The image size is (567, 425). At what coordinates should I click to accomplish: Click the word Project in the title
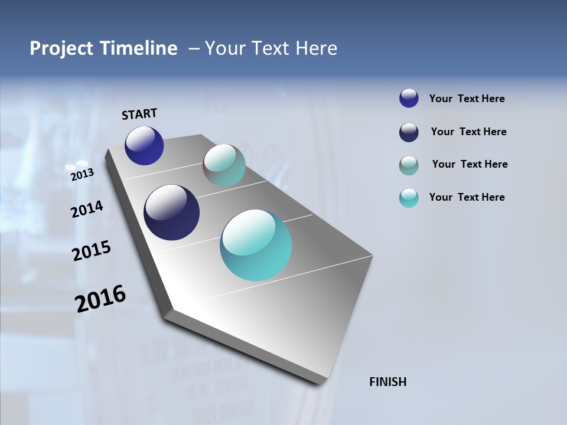click(x=61, y=48)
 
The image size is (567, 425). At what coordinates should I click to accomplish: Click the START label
click(x=139, y=114)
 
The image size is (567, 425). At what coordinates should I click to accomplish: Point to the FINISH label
click(x=387, y=382)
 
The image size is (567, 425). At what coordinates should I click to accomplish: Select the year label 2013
click(x=83, y=174)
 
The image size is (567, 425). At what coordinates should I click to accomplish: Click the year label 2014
click(x=87, y=209)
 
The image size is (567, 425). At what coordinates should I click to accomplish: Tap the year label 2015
click(x=92, y=251)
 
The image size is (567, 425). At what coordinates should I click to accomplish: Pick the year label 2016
click(x=100, y=298)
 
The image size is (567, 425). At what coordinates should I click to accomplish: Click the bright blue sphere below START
click(x=144, y=146)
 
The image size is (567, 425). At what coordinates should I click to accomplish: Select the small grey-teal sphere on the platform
click(x=224, y=165)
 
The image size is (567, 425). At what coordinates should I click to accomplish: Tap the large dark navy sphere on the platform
click(x=172, y=212)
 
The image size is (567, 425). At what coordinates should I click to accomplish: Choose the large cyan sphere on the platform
click(x=256, y=245)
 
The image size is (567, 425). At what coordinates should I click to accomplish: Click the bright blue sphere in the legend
click(x=409, y=99)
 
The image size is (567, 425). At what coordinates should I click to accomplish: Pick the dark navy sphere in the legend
click(x=409, y=132)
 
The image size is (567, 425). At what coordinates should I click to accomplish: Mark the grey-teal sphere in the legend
click(x=409, y=165)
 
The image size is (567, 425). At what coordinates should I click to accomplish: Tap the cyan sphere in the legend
click(x=409, y=198)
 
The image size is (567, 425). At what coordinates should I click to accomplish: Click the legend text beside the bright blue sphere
click(x=467, y=99)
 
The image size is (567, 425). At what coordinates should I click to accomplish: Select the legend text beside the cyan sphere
click(x=467, y=197)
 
